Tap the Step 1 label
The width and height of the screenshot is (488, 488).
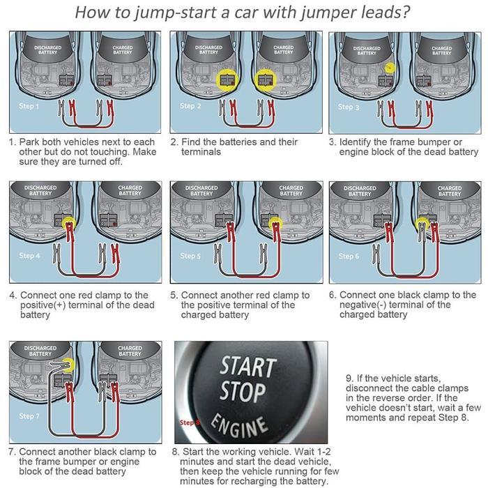coord(29,107)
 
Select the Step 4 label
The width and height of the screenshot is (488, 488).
coord(29,256)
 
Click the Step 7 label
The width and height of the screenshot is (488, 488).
coord(29,416)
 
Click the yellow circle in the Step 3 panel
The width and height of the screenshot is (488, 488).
coord(390,68)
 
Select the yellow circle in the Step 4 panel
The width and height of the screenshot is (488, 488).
coord(68,224)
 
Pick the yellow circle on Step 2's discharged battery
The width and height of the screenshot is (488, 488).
coord(226,79)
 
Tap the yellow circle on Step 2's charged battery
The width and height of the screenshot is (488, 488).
coord(265,79)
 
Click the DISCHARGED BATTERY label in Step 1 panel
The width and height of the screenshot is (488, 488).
coord(47,51)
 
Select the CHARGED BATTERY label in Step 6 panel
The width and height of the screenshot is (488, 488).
coord(450,191)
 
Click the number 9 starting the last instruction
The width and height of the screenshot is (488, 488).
coord(349,378)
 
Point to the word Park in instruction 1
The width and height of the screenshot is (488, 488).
coord(31,142)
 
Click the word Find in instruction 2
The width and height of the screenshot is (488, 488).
coord(192,142)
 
